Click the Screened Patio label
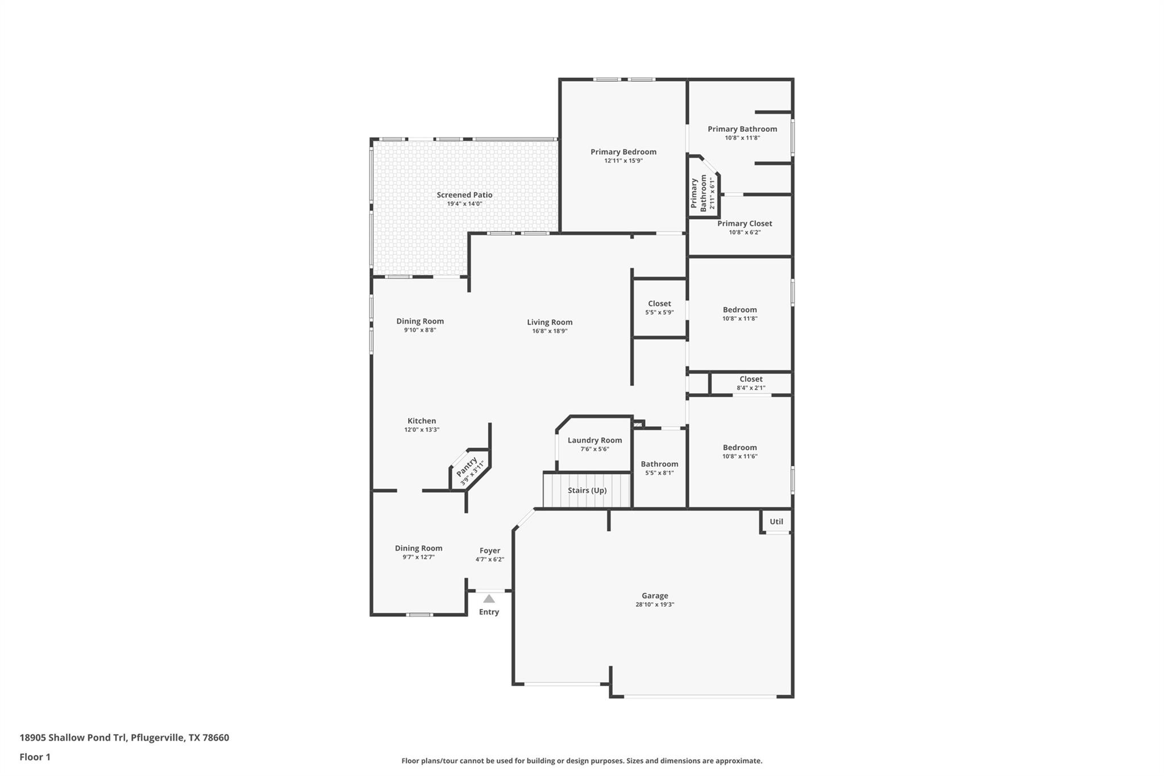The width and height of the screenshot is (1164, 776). click(x=464, y=195)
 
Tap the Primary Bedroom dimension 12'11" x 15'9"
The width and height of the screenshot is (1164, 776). click(x=623, y=161)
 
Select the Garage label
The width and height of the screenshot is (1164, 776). click(x=655, y=596)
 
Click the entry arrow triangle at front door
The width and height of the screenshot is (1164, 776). click(x=489, y=599)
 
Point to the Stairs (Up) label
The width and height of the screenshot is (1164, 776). click(x=587, y=490)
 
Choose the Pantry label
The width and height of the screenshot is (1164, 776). click(x=467, y=467)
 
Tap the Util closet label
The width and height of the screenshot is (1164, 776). click(x=776, y=521)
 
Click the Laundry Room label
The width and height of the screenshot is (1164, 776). click(x=595, y=440)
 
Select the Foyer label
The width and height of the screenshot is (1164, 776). click(x=489, y=550)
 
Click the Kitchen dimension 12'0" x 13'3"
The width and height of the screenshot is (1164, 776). click(x=422, y=430)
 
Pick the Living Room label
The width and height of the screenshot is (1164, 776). click(x=550, y=322)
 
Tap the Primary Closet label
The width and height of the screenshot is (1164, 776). click(x=745, y=223)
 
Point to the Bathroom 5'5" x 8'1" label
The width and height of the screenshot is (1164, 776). click(x=659, y=464)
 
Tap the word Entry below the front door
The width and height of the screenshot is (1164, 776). click(x=489, y=612)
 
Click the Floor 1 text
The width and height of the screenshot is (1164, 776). click(x=35, y=757)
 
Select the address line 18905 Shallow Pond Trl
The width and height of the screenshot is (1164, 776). click(x=124, y=737)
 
